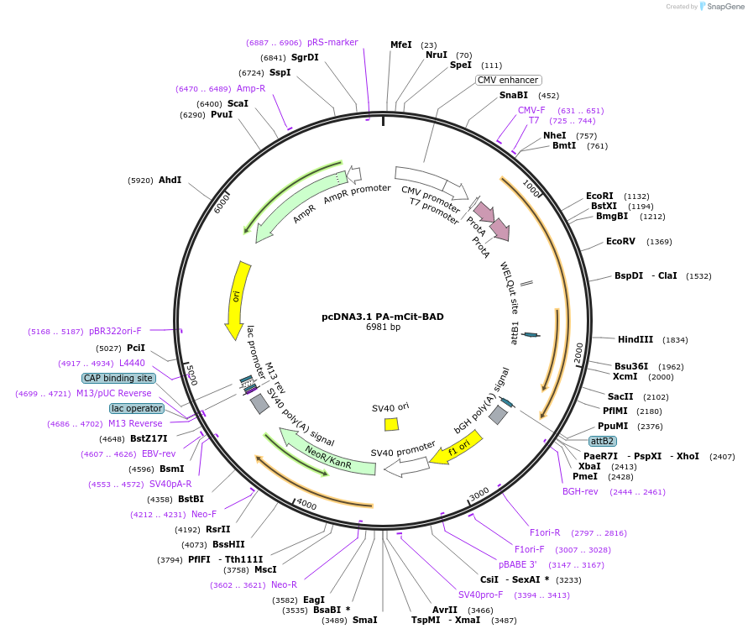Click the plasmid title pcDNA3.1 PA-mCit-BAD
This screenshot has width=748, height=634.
click(383, 317)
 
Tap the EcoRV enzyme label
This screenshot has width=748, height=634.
click(620, 241)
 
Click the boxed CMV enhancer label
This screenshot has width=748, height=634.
click(508, 80)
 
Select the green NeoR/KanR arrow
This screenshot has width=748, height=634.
click(327, 453)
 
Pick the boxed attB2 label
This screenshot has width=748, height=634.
click(602, 440)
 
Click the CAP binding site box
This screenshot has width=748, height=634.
click(118, 378)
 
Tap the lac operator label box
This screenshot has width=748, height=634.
click(136, 408)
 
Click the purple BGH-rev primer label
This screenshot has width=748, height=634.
click(580, 491)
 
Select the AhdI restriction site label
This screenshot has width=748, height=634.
click(170, 180)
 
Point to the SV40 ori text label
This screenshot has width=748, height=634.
click(390, 407)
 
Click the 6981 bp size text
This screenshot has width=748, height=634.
click(383, 327)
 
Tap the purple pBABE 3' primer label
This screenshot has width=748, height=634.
click(517, 564)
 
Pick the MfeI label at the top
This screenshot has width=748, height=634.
click(401, 45)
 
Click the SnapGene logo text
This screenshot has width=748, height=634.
click(726, 7)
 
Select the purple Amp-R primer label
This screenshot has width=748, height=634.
click(251, 88)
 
